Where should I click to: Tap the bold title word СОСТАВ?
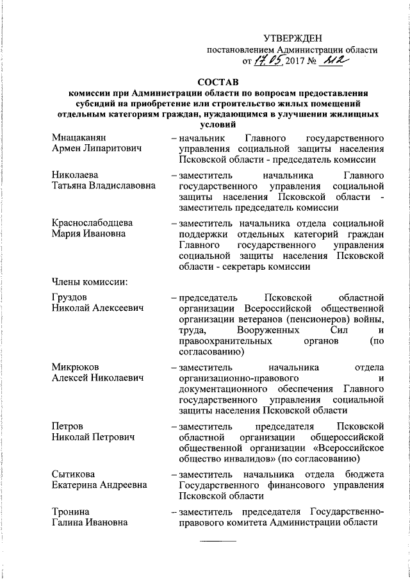click(217, 83)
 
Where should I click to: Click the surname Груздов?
click(69, 298)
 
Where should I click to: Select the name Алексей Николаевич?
click(98, 377)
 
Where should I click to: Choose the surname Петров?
click(67, 426)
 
